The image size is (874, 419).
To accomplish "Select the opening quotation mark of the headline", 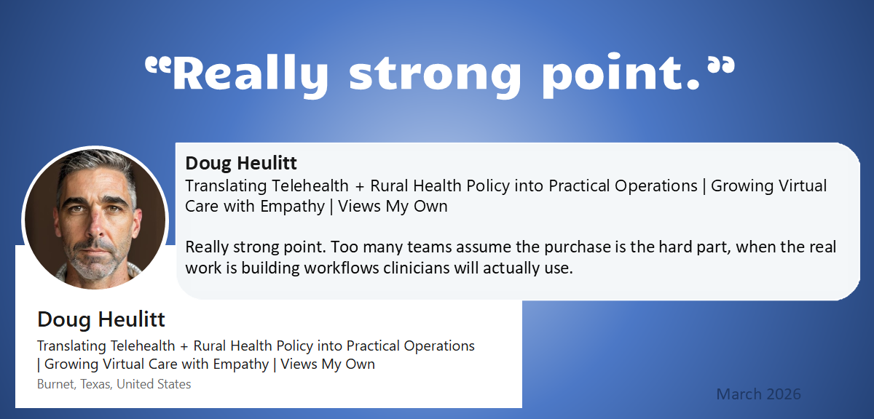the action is [x=158, y=65].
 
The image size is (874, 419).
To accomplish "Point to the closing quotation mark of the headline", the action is [x=722, y=65].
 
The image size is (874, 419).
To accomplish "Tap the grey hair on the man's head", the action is [x=98, y=167].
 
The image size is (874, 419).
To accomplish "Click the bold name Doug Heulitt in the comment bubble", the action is [x=241, y=163].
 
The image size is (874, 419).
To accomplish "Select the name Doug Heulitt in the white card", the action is [x=101, y=319].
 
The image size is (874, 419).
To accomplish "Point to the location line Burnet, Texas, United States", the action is [x=114, y=384].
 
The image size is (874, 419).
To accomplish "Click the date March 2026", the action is [x=758, y=394].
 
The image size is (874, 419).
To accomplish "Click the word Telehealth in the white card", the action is [x=143, y=346].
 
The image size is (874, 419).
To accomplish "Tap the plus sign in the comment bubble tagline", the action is [x=359, y=187].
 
